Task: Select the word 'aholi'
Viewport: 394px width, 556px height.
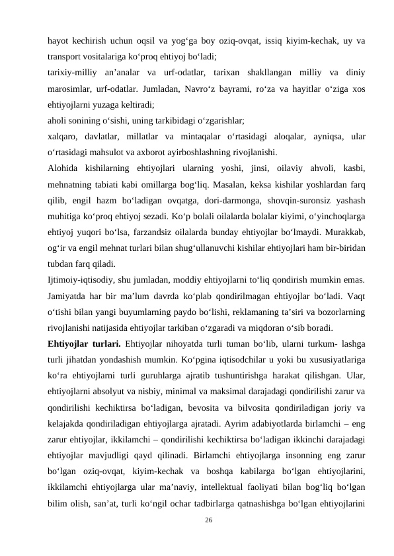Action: [x=58, y=120]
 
